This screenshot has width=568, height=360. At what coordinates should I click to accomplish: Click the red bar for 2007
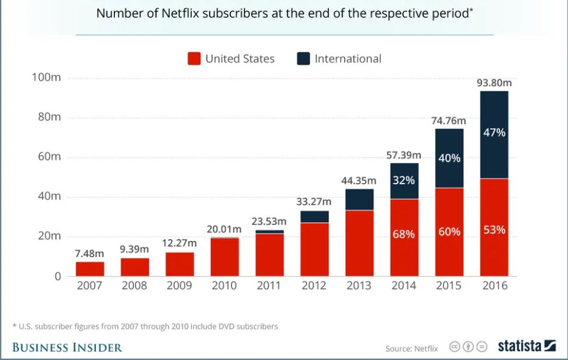(x=89, y=269)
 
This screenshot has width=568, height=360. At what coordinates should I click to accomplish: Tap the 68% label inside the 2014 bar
(x=404, y=234)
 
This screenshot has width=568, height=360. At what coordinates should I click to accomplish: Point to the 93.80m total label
(x=494, y=83)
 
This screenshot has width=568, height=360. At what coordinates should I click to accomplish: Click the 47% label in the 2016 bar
(x=494, y=132)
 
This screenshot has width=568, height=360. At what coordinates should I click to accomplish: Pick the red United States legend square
(x=194, y=58)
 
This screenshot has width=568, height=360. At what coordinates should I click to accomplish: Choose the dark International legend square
(x=303, y=58)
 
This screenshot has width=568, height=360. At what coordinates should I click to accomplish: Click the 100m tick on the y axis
(x=46, y=78)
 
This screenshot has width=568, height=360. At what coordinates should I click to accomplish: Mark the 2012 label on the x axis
(x=314, y=285)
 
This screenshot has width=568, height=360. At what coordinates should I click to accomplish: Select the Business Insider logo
(x=67, y=347)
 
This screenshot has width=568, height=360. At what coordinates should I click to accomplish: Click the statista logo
(x=527, y=346)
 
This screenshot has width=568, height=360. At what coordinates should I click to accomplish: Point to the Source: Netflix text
(x=411, y=348)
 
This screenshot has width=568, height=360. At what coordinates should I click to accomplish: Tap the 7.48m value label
(x=89, y=254)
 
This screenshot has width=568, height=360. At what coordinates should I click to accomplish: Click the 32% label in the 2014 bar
(x=404, y=180)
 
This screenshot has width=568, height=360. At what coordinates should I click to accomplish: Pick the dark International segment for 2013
(x=359, y=200)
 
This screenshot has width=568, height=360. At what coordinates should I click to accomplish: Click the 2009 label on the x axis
(x=179, y=285)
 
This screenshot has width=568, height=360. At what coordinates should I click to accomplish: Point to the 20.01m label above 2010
(x=224, y=229)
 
